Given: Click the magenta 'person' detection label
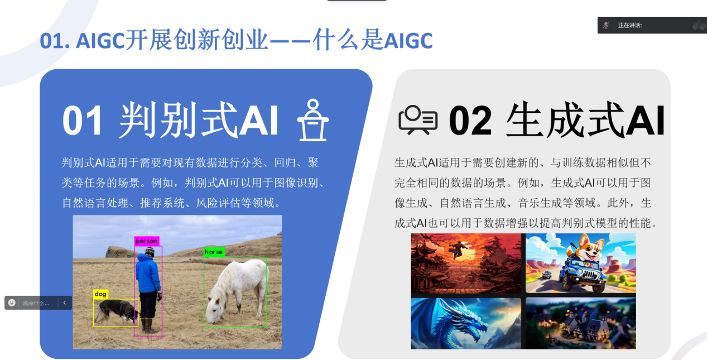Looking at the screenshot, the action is click(146, 241).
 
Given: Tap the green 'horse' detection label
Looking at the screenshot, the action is click(214, 252).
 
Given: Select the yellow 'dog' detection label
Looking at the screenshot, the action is click(100, 294).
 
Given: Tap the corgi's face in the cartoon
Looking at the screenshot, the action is click(588, 249).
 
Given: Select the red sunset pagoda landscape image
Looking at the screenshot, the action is click(465, 263).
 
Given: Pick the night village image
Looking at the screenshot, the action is click(581, 323).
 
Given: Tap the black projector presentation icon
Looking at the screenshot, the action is click(418, 120).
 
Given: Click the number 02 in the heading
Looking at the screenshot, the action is click(470, 121).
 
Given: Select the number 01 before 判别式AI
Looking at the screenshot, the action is click(83, 121).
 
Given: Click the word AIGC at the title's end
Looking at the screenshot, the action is click(408, 41).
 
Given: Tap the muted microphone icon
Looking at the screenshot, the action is click(605, 25).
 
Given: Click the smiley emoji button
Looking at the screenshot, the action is click(12, 303).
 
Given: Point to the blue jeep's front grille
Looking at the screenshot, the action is click(587, 275).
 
